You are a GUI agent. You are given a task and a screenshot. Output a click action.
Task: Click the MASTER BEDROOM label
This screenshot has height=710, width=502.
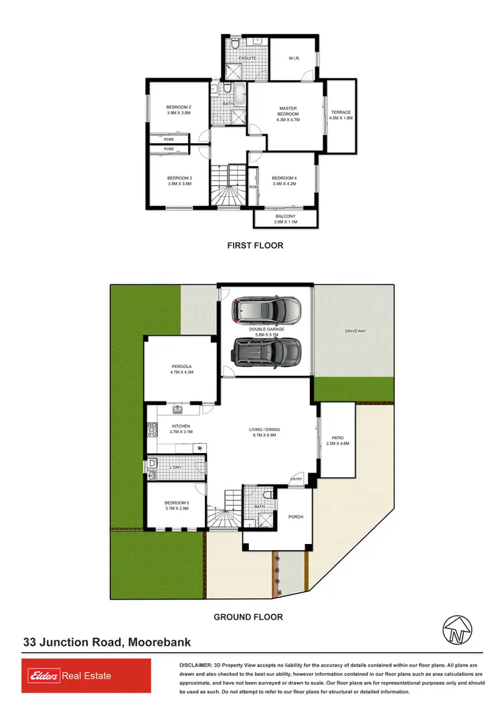pyautogui.click(x=288, y=114)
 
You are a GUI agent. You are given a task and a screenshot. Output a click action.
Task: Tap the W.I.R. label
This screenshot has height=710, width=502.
pyautogui.click(x=294, y=59)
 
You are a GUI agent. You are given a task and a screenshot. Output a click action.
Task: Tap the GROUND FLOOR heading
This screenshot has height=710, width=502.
pyautogui.click(x=248, y=617)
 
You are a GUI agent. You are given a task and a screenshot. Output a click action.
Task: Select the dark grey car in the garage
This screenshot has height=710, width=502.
pyautogui.click(x=266, y=349)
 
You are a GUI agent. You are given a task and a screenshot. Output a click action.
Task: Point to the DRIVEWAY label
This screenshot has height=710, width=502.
pyautogui.click(x=354, y=331)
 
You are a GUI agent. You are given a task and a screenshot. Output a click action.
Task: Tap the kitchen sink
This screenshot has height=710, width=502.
pyautogui.click(x=178, y=409)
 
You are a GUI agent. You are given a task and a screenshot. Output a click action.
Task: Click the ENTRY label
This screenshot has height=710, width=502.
pyautogui.click(x=296, y=478)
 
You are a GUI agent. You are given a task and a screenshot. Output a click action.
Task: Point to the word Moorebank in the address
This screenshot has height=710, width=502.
pyautogui.click(x=159, y=642)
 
